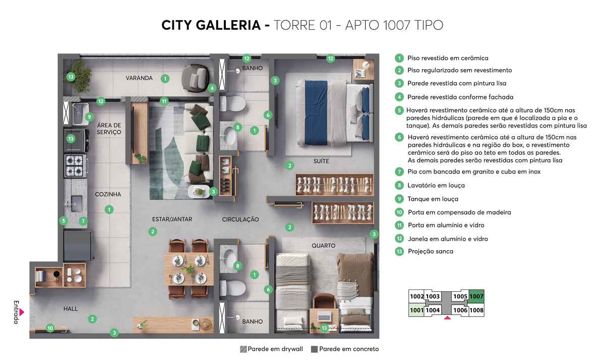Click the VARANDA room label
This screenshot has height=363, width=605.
[x=139, y=78]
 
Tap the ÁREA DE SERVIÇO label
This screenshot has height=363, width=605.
[x=109, y=129]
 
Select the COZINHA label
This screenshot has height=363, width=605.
[x=108, y=194]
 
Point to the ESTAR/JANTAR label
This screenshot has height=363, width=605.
[x=172, y=219]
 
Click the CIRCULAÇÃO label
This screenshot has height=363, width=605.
[x=240, y=220]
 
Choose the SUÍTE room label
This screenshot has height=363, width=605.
[x=321, y=161]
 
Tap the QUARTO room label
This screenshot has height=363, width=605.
[x=323, y=246]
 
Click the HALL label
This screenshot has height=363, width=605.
[x=71, y=309]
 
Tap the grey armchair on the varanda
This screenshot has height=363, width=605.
[x=196, y=78]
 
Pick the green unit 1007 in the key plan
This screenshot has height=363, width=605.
[x=476, y=297]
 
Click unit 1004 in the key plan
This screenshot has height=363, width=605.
[x=433, y=311]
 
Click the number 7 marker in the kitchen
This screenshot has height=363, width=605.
[x=84, y=221]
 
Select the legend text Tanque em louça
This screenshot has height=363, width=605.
[x=433, y=199]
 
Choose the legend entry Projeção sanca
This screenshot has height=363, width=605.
[x=430, y=251]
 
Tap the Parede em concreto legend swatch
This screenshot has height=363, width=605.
[x=315, y=349]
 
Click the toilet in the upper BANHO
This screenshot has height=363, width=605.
[x=235, y=105]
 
